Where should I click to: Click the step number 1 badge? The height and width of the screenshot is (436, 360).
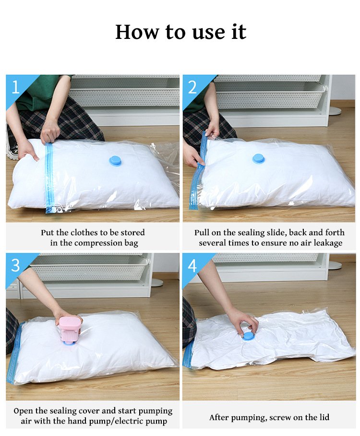pos(15,87)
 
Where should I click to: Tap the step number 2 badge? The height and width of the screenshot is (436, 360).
pos(192,87)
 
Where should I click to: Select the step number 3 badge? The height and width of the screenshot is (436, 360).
pos(15,265)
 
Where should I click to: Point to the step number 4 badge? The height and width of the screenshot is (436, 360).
pos(192,265)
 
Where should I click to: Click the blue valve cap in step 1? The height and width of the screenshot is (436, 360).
pos(116,161)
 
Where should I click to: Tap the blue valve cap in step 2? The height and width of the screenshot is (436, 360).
pos(259,159)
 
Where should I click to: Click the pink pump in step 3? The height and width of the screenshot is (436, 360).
pos(70,330)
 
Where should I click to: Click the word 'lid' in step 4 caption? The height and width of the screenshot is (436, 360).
pos(324,417)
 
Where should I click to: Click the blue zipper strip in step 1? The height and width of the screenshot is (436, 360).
pos(49,178)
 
